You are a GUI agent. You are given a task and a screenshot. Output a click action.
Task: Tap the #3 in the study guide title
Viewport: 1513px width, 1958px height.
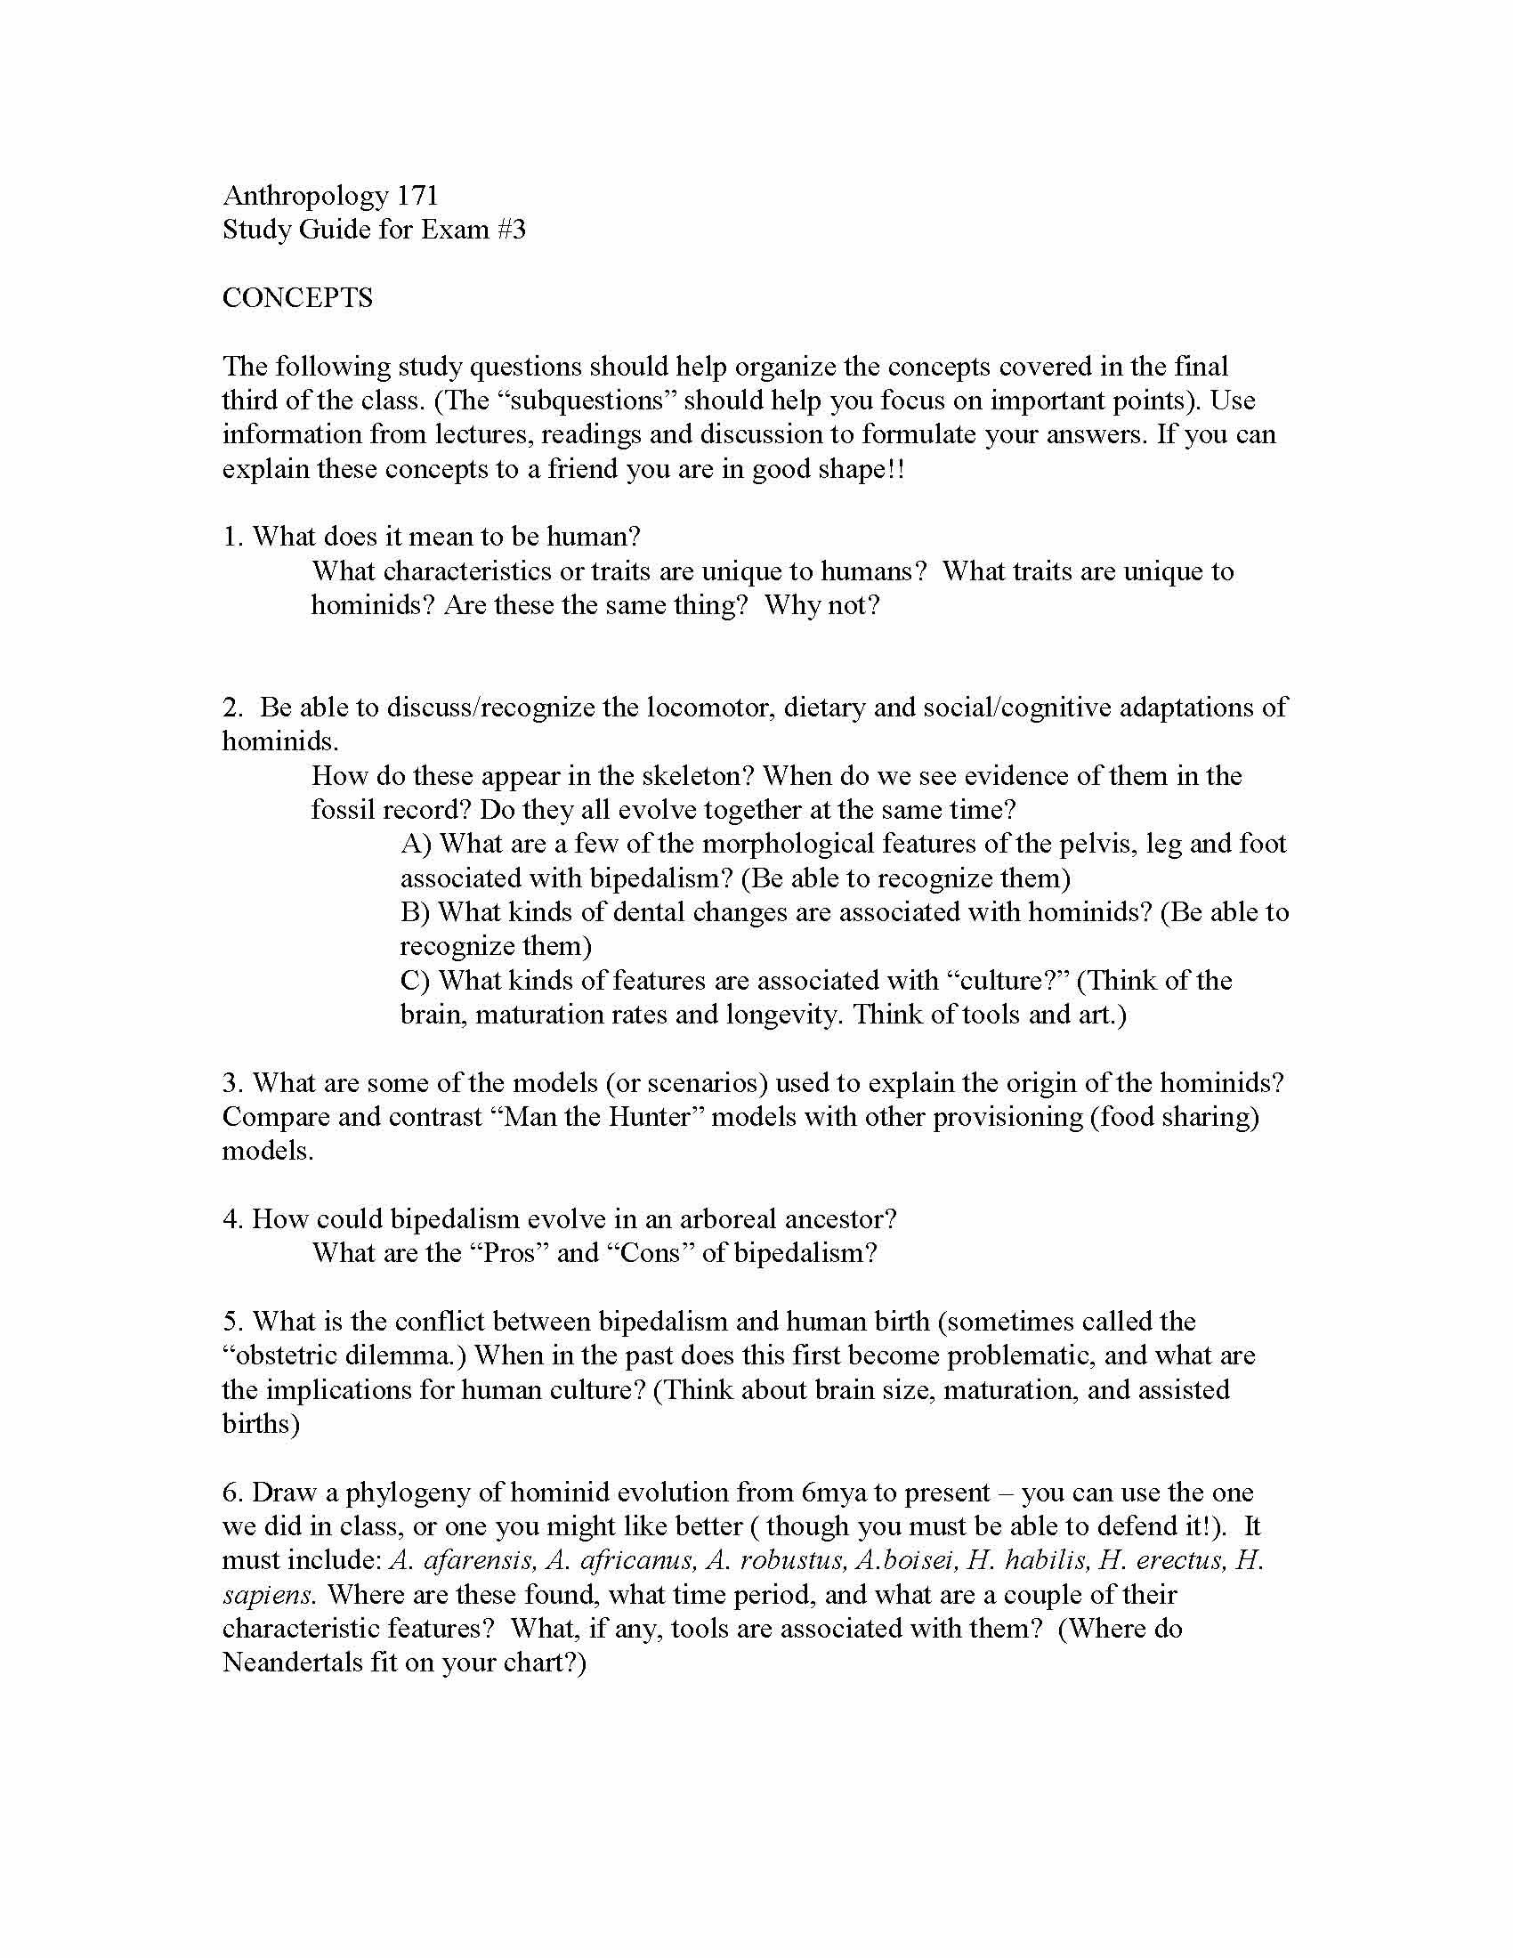click(506, 230)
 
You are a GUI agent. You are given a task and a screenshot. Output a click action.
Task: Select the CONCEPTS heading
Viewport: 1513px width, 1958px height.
click(297, 297)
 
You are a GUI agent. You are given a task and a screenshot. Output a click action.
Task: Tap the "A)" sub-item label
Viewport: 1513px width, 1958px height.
click(416, 844)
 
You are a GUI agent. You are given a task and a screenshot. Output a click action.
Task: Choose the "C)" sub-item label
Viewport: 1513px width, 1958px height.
click(416, 980)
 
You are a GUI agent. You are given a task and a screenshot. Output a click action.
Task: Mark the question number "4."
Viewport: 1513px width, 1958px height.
click(233, 1219)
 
